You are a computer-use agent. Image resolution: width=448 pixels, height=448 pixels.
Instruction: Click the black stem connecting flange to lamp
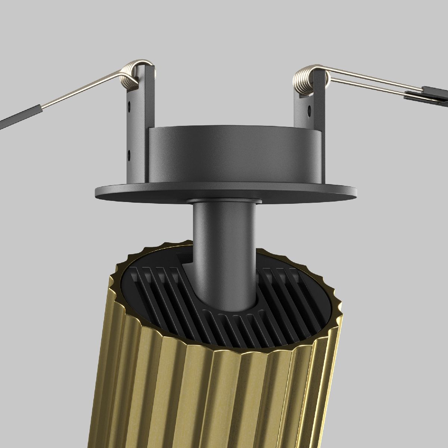(224, 239)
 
